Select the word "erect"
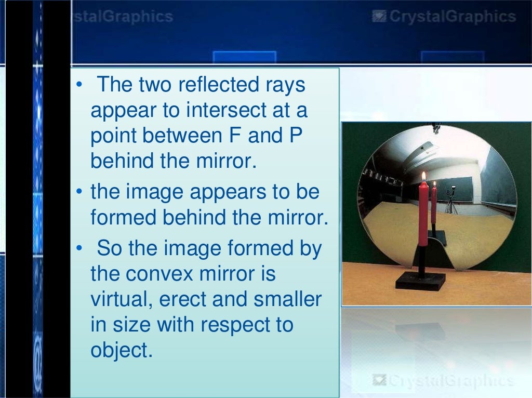tap(180, 299)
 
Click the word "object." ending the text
tap(122, 350)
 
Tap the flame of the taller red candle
tap(423, 177)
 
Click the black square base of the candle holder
tap(420, 281)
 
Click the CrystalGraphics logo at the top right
tap(444, 17)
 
